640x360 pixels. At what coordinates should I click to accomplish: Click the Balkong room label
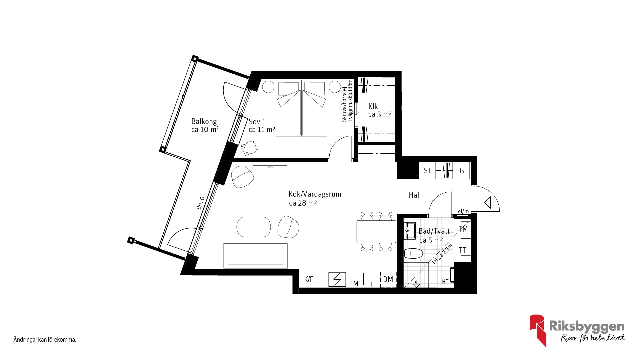pos(204,122)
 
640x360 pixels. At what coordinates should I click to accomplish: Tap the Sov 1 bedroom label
pos(257,122)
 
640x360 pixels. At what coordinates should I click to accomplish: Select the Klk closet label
pos(373,106)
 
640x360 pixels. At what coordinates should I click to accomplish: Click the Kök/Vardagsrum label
pos(315,194)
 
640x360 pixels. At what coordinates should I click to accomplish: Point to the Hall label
pos(415,195)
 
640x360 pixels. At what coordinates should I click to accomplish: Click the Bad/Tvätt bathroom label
pos(434,231)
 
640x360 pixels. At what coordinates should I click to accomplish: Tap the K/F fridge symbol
pos(308,279)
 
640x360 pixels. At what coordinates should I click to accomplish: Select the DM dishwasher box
pos(388,279)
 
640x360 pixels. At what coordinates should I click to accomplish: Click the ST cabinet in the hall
pos(427,171)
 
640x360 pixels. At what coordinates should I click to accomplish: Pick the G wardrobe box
pos(462,171)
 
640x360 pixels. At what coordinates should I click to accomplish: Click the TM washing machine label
pos(463,229)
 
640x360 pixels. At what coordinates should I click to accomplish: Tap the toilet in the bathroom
pos(413,254)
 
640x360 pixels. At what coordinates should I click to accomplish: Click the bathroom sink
pos(410,230)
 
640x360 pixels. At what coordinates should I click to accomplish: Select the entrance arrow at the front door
pos(488,202)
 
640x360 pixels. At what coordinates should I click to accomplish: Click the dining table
pos(376,231)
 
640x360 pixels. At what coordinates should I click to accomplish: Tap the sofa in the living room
pos(256,256)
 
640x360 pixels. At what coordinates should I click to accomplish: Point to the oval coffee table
pos(254,227)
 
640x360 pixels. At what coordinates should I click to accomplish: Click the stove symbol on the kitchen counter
pos(337,279)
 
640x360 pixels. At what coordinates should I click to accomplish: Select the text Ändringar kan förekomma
pos(45,340)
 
